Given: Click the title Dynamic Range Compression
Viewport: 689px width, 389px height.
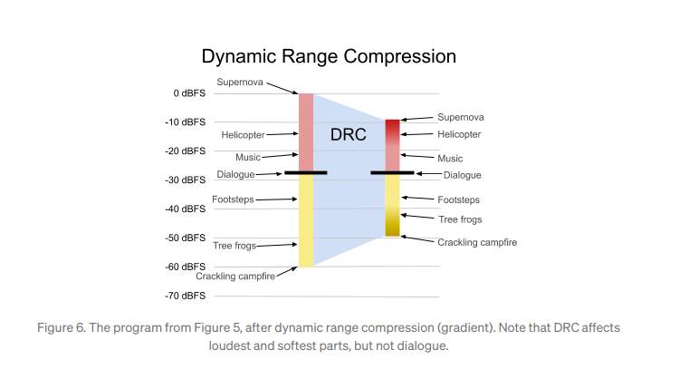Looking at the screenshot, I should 328,56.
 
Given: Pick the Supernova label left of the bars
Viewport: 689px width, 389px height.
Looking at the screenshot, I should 240,83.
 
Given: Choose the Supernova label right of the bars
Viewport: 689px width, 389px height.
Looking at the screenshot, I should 460,118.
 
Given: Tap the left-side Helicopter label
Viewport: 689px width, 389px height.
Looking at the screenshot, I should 242,135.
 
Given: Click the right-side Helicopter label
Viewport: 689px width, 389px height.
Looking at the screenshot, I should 459,134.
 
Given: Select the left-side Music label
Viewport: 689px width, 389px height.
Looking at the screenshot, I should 248,157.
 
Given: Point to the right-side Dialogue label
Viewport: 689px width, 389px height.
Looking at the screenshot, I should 462,175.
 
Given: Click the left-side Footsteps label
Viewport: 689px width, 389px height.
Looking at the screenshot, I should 233,199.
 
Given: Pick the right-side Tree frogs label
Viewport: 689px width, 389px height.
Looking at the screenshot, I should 459,219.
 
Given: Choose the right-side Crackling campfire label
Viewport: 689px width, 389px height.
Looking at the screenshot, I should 477,242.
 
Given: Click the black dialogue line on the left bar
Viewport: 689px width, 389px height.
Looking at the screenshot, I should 305,172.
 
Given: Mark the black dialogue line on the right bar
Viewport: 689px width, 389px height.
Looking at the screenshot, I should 392,172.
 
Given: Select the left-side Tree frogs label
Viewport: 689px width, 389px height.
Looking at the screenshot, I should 234,245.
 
